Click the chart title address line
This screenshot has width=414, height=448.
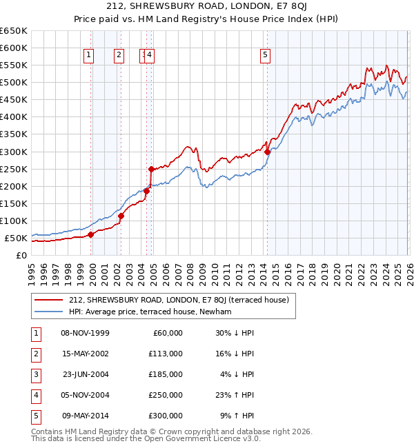point(207,8)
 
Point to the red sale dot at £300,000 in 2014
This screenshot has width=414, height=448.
point(267,152)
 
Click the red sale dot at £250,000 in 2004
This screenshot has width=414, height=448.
point(150,169)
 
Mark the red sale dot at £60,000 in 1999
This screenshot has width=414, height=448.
point(90,234)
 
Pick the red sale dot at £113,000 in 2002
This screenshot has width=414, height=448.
point(121,216)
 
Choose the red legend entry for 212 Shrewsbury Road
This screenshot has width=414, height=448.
point(182,300)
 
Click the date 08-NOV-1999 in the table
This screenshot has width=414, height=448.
point(85,333)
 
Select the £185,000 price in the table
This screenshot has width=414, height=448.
point(166,374)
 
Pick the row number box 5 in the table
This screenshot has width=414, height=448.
point(35,416)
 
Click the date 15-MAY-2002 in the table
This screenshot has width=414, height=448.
point(85,354)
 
